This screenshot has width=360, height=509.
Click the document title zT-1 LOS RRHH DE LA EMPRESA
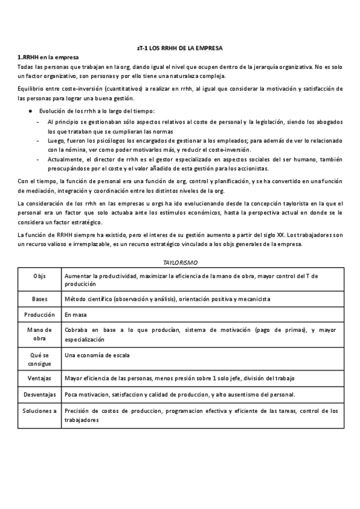pyautogui.click(x=180, y=47)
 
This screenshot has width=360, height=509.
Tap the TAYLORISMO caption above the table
pyautogui.click(x=180, y=263)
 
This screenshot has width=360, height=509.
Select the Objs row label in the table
pyautogui.click(x=39, y=276)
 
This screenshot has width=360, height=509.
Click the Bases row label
pyautogui.click(x=39, y=298)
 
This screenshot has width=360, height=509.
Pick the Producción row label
pyautogui.click(x=39, y=314)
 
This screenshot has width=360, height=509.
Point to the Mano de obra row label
pyautogui.click(x=39, y=334)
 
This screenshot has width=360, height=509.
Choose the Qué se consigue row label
pyautogui.click(x=39, y=359)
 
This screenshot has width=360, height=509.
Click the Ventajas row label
pyautogui.click(x=39, y=379)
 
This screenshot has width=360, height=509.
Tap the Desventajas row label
pyautogui.click(x=39, y=394)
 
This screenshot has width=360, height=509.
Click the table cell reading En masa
pyautogui.click(x=76, y=314)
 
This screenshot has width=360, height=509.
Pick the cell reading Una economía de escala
pyautogui.click(x=97, y=355)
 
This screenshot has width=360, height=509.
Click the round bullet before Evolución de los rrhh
pyautogui.click(x=31, y=111)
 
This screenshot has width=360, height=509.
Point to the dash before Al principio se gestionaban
pyautogui.click(x=39, y=122)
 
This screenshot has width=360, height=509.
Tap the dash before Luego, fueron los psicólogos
pyautogui.click(x=39, y=140)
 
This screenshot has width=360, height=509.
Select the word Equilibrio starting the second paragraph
pyautogui.click(x=31, y=89)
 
